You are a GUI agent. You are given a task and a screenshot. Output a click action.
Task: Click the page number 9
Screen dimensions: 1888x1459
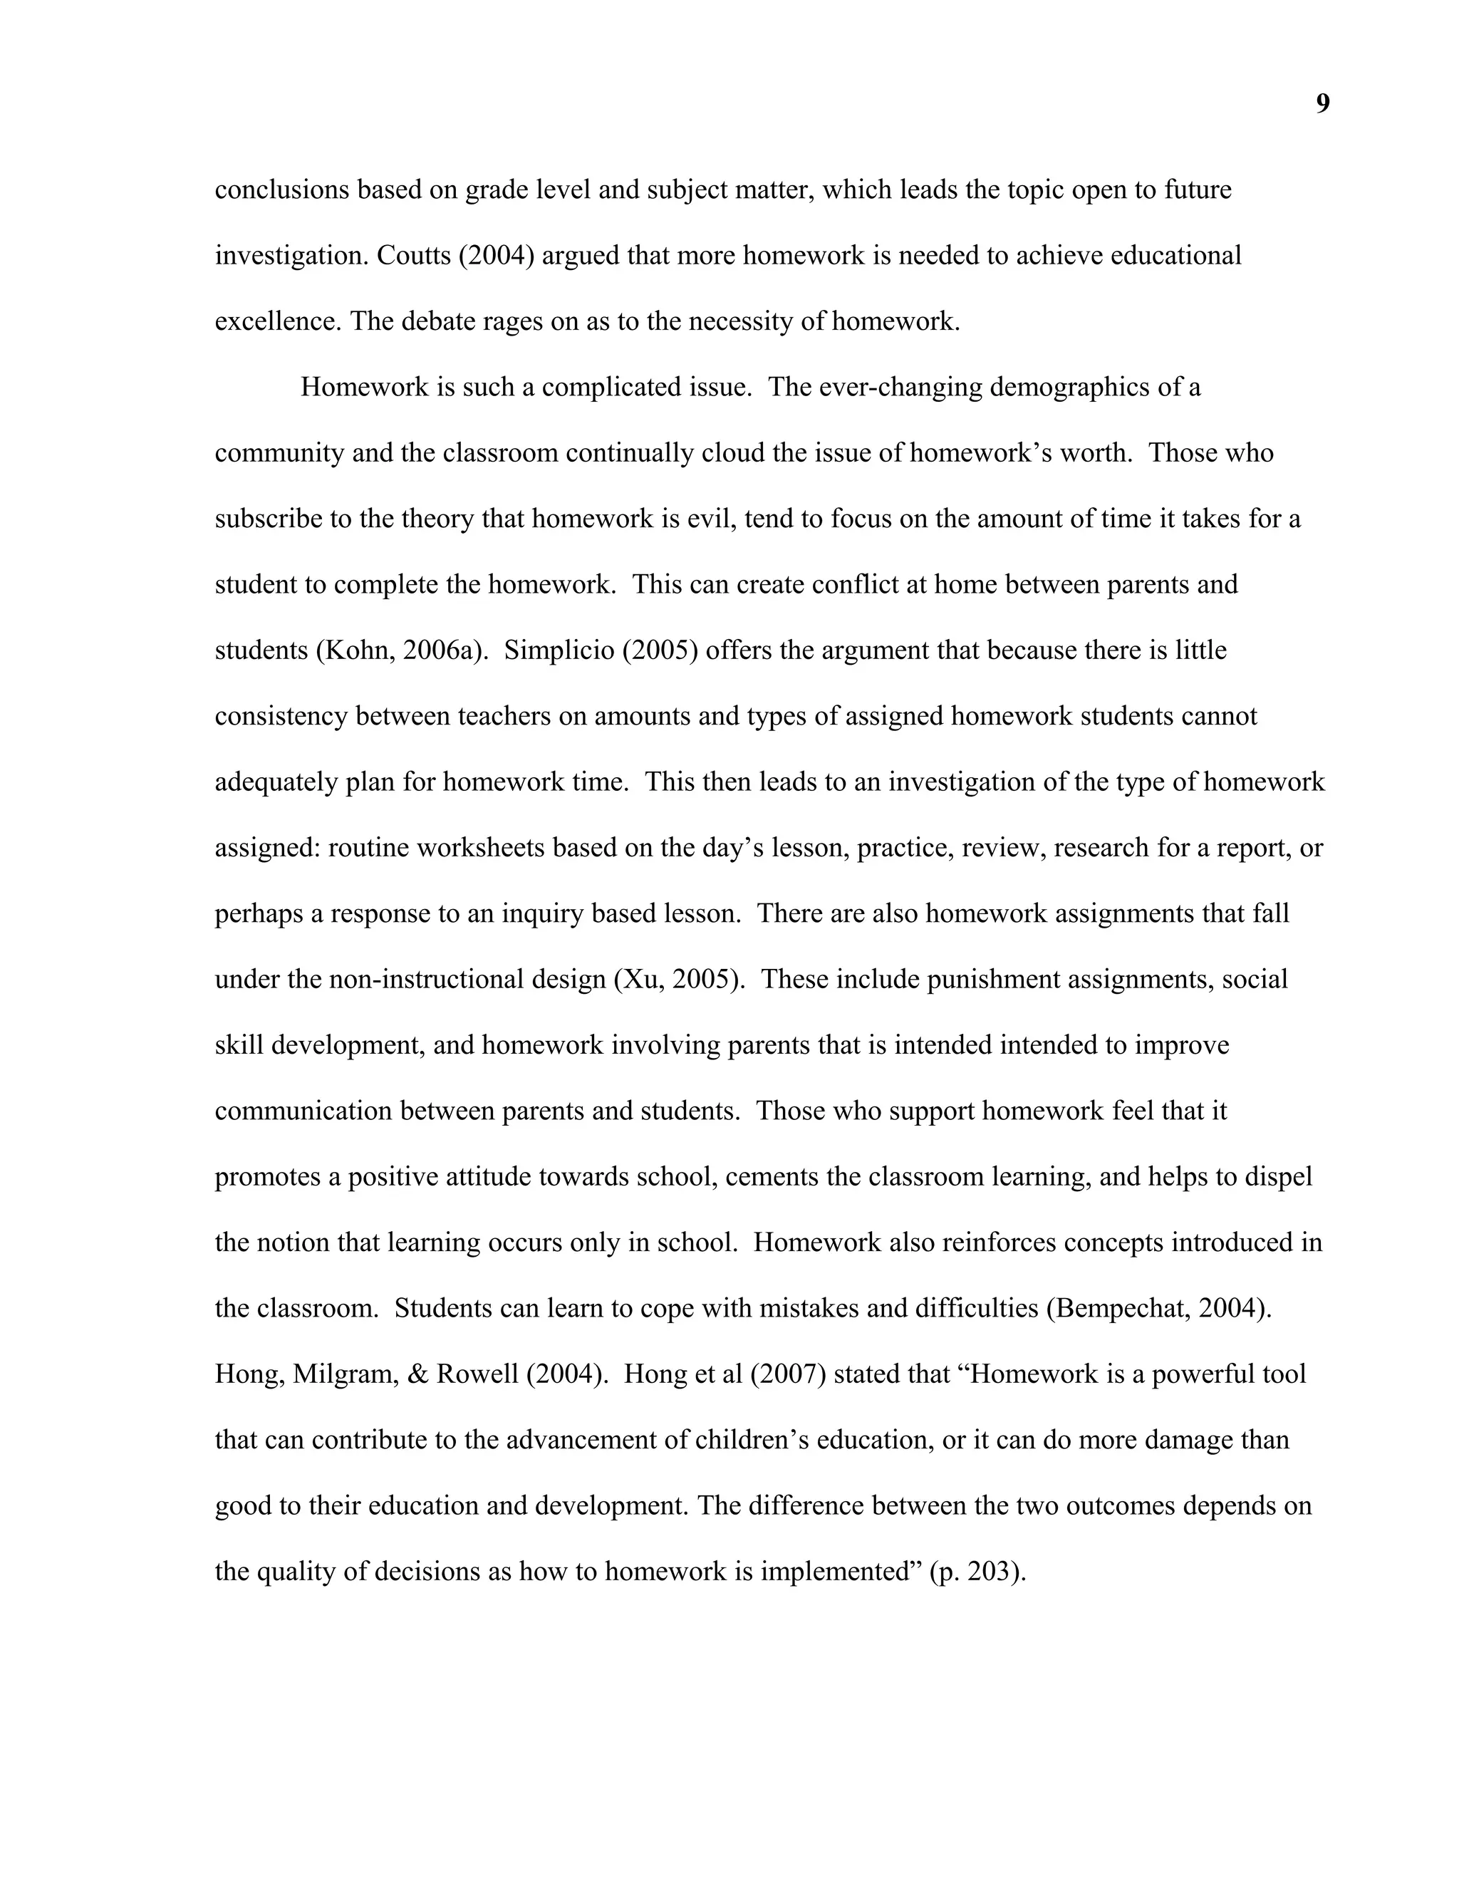point(1322,105)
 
